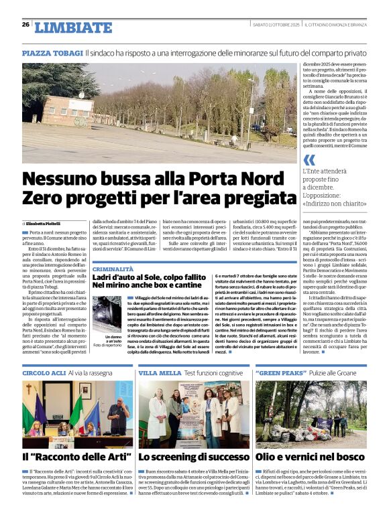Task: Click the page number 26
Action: point(25,25)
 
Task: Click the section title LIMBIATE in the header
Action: point(74,27)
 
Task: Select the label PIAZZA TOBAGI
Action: point(52,52)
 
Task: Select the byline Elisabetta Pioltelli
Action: point(44,222)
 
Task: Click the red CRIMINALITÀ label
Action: point(114,268)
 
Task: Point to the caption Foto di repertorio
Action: point(107,345)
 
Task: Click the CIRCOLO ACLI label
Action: point(44,372)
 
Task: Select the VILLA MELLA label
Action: point(159,372)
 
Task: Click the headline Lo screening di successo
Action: point(193,457)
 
